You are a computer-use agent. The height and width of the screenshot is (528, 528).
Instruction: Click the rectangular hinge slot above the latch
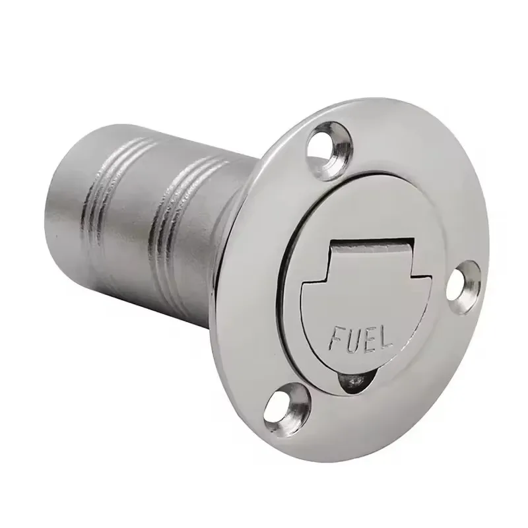(373, 245)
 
